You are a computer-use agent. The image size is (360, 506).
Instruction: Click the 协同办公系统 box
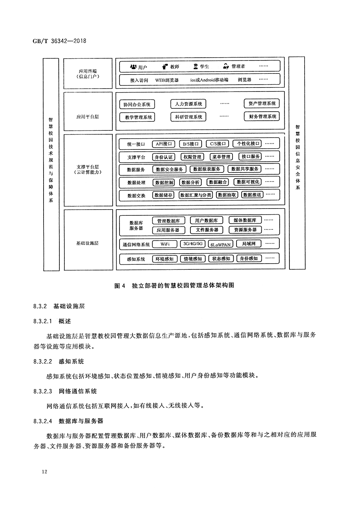(137, 104)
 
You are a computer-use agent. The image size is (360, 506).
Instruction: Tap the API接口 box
(163, 144)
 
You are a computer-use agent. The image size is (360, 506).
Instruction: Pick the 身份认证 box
(163, 157)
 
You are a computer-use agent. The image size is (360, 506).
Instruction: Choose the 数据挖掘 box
(164, 183)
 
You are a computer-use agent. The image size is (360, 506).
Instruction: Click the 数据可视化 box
(248, 182)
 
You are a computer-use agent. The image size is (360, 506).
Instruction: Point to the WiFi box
(165, 244)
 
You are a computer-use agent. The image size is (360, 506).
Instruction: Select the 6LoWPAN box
(220, 244)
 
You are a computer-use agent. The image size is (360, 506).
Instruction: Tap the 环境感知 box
(164, 259)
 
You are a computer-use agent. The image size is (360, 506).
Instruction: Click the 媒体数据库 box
(245, 220)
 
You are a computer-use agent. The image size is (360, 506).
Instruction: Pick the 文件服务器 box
(207, 230)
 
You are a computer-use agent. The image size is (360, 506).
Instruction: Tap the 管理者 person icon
(226, 66)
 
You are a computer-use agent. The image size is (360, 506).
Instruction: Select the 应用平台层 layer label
(87, 117)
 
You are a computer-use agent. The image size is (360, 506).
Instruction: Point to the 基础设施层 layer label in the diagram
(87, 243)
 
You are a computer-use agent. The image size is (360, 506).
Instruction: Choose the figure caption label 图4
(119, 286)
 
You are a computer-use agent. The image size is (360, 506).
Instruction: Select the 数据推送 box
(252, 195)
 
